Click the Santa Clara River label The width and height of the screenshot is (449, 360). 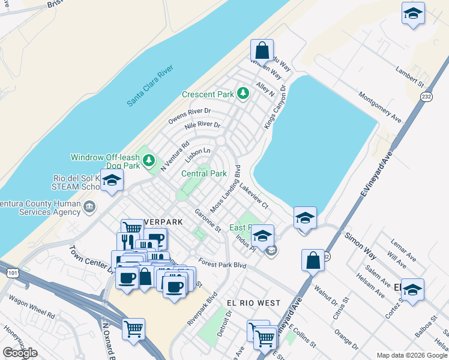[x=150, y=86]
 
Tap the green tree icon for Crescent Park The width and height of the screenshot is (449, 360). [x=243, y=94]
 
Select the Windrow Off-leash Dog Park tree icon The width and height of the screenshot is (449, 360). [x=149, y=161]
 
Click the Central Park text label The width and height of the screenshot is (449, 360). [x=204, y=173]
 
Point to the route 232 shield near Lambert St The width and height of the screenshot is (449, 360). [x=426, y=97]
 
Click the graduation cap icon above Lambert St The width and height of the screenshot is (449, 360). [x=413, y=13]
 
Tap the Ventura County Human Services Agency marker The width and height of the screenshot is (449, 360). [x=89, y=208]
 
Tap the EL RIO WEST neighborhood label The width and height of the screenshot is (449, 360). [x=253, y=303]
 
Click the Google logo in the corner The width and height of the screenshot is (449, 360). [x=20, y=353]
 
